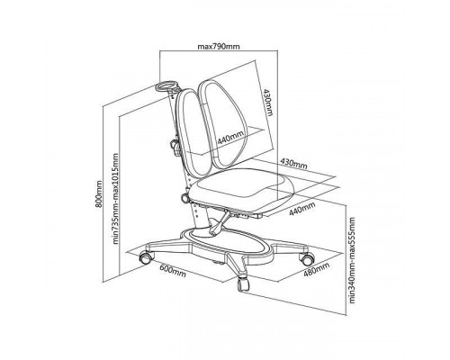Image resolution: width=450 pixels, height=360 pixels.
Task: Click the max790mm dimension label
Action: coord(219,47)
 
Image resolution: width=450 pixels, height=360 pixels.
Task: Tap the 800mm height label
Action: coord(99,193)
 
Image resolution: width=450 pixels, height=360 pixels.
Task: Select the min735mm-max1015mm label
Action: coord(115,199)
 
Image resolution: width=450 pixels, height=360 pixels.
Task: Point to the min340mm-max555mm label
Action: coord(352,260)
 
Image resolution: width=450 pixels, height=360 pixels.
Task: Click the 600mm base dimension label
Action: coord(173,271)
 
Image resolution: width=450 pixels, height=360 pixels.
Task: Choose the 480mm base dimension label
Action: coord(317,269)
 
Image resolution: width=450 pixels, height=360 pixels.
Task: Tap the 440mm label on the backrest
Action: coord(230,138)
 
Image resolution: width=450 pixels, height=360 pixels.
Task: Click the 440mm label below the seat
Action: coord(302,209)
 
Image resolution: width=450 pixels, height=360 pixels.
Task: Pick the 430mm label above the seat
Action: coord(293,163)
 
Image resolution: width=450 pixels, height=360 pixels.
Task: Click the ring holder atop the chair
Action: coord(165,85)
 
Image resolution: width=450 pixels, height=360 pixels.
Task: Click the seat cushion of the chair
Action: coord(241,189)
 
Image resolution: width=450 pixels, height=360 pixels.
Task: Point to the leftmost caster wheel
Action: coord(146,257)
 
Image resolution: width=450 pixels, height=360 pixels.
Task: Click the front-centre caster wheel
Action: coord(243,284)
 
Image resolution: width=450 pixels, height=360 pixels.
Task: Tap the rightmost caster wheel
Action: coord(308,258)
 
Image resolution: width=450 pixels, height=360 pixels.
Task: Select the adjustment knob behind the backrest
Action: coord(175,147)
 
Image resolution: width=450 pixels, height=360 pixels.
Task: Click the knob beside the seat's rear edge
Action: coord(184,198)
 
